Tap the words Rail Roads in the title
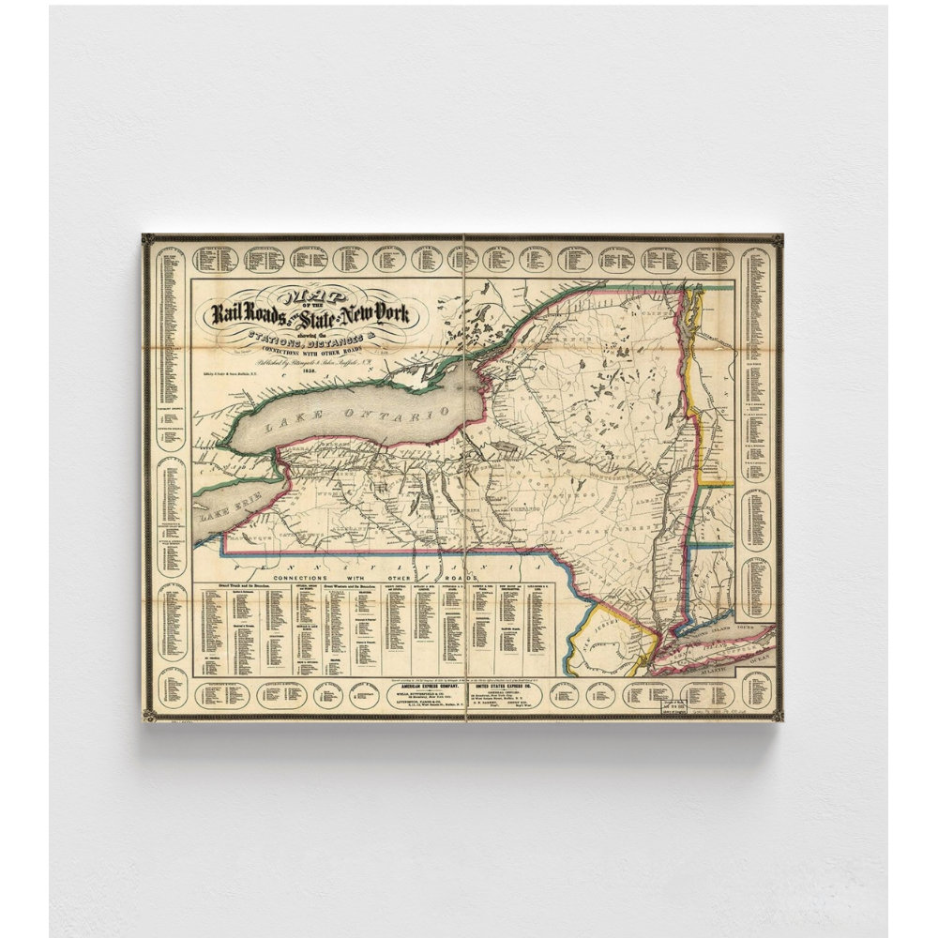[247, 313]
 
